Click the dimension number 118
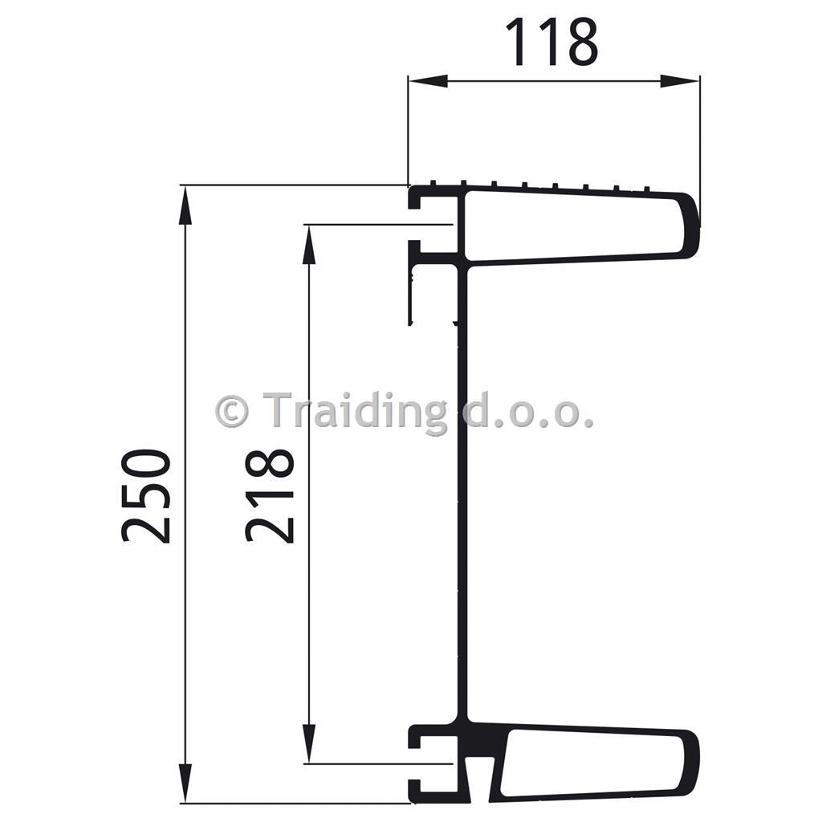[551, 42]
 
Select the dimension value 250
[146, 496]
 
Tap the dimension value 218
[269, 496]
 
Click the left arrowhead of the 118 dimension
[428, 81]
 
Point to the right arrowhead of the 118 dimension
[680, 81]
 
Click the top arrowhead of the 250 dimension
[185, 205]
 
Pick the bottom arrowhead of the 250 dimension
[185, 783]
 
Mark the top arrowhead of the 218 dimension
[309, 244]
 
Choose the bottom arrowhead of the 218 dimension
[309, 744]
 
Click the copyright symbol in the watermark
[231, 412]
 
